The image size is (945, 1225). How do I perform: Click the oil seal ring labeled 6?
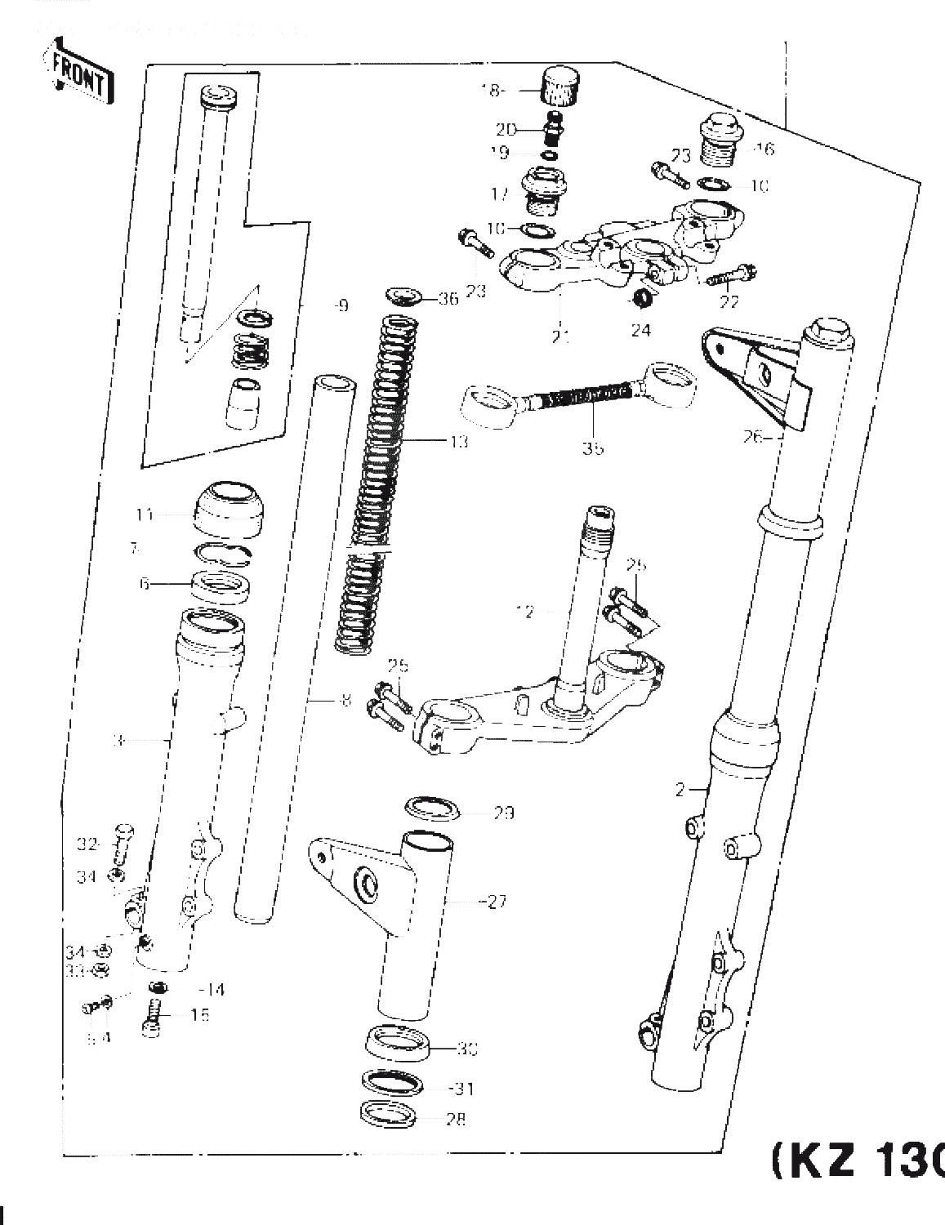click(x=221, y=586)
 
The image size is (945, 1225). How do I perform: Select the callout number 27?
click(x=496, y=902)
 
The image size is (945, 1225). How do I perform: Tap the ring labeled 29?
click(x=432, y=808)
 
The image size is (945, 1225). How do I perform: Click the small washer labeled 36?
click(x=403, y=295)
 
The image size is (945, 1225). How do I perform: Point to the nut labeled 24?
click(x=644, y=298)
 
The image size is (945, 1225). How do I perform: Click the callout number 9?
click(x=341, y=306)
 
